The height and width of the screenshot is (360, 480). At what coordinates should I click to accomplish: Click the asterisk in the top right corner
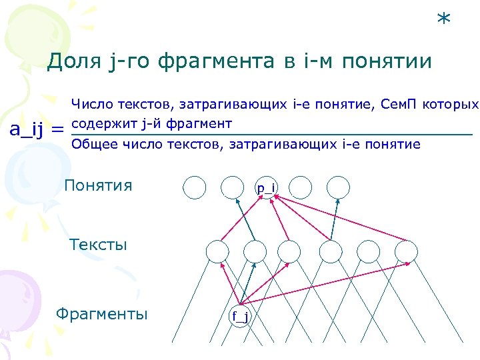(x=443, y=19)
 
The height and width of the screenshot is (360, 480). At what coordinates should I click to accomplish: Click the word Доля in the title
(x=73, y=61)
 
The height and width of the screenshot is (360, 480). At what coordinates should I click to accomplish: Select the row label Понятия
(x=98, y=185)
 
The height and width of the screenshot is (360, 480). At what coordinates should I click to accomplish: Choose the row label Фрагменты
(x=102, y=314)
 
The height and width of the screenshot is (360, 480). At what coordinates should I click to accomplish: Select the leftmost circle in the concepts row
(x=195, y=188)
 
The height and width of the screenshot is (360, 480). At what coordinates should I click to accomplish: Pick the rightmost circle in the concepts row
(x=338, y=187)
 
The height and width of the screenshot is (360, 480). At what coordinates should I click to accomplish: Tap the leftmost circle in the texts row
(x=217, y=251)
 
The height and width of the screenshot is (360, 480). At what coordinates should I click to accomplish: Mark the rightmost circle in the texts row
(x=405, y=251)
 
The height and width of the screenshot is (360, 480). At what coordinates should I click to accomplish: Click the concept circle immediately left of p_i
(x=231, y=188)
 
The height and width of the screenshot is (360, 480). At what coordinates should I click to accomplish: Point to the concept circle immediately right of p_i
(x=301, y=187)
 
